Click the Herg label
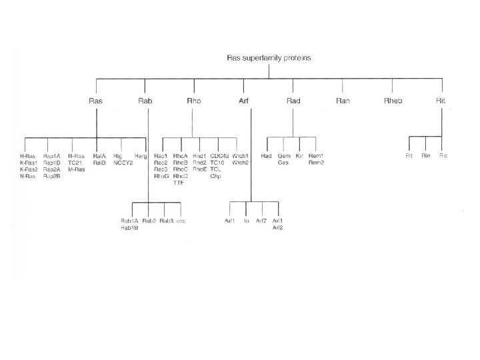click(x=141, y=155)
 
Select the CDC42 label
click(x=219, y=155)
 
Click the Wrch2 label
click(x=240, y=162)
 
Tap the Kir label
click(x=299, y=155)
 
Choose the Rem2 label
click(x=317, y=162)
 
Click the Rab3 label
click(x=167, y=221)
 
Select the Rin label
click(x=426, y=155)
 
